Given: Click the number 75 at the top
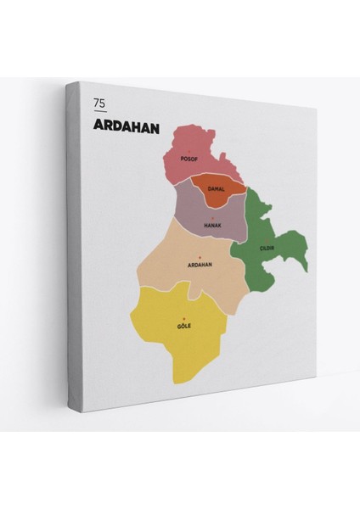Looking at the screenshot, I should pos(100,103).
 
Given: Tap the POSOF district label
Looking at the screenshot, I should pos(188,159).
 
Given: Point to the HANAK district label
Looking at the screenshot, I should pos(212,226).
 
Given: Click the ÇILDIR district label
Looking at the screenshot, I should pos(267,248).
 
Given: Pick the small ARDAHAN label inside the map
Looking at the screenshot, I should pos(199,264).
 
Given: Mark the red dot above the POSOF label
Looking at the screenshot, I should pos(188,152).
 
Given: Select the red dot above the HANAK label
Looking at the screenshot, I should pos(212,218).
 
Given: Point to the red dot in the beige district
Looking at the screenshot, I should pos(199,256).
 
